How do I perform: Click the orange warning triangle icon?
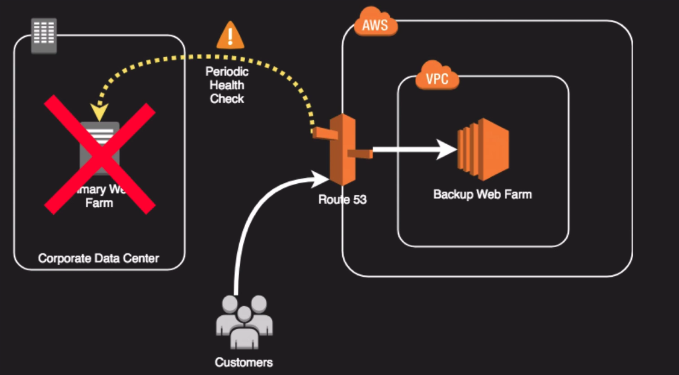point(230,36)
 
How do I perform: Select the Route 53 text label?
point(342,200)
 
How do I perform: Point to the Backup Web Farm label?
point(483,195)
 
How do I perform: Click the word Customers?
point(244,362)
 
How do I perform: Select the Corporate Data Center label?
point(99,259)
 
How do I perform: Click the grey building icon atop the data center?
point(44,35)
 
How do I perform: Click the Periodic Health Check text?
point(227,85)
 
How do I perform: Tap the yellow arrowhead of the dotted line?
point(98,112)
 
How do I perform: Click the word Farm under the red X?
point(99,203)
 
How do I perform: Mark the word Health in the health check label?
point(227,85)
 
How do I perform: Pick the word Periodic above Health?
point(227,72)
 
